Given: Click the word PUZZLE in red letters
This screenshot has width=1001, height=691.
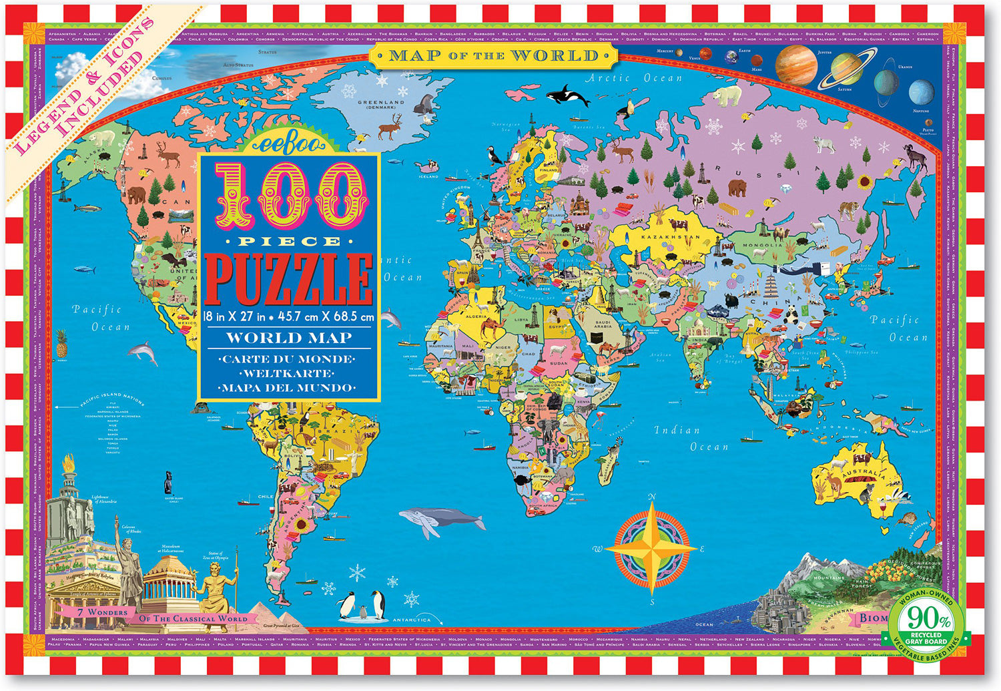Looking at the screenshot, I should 288,279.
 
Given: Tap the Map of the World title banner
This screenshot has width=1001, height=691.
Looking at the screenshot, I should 494,55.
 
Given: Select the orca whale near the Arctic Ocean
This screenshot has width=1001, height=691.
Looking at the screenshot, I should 567,95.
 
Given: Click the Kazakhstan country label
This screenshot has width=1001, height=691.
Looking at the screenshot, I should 670,237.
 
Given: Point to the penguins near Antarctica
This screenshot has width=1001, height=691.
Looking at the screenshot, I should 361,605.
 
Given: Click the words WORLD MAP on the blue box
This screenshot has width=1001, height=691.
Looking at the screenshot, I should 288,338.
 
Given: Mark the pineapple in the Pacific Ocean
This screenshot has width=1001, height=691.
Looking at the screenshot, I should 62,343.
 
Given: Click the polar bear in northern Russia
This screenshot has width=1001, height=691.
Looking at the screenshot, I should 727,95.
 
